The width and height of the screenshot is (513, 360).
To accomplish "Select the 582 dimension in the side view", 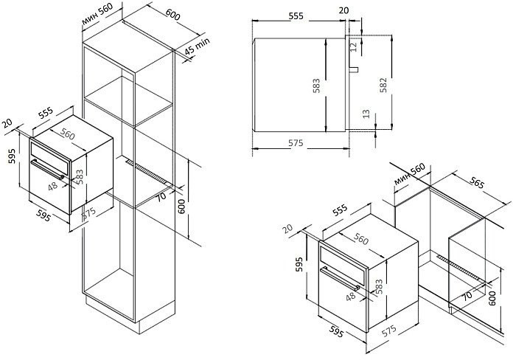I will tap(383, 86).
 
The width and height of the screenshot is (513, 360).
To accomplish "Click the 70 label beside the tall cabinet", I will tap(161, 196).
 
